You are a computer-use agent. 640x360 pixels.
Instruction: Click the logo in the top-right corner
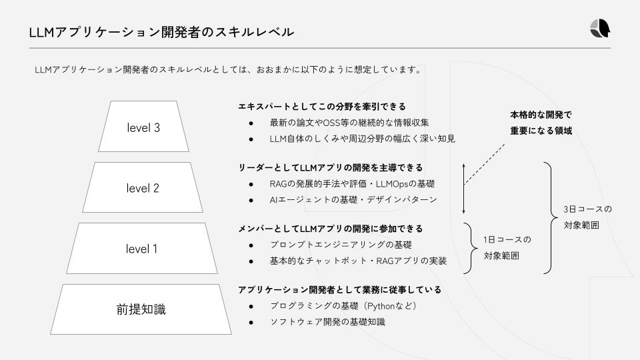[600, 29]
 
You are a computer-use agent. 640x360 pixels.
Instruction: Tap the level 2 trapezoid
[143, 188]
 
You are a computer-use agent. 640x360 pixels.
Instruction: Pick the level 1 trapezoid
[141, 249]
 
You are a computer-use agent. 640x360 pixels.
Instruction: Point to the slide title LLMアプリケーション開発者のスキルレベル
[161, 31]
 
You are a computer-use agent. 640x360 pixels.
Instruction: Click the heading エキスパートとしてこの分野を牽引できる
[322, 107]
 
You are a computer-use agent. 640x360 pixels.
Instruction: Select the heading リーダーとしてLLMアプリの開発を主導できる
[331, 167]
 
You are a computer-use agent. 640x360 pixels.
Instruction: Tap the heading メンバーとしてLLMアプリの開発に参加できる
[331, 229]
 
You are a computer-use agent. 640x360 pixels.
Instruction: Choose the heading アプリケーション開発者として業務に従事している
[339, 290]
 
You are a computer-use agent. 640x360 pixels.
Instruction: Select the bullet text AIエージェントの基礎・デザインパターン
[353, 199]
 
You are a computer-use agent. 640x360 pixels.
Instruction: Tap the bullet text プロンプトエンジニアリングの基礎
[341, 245]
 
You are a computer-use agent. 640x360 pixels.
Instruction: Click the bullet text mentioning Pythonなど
[343, 306]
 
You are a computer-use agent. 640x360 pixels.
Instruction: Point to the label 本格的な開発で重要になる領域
[541, 122]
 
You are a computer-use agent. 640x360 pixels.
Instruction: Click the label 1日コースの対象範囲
[507, 247]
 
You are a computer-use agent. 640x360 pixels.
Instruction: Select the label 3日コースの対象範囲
[587, 217]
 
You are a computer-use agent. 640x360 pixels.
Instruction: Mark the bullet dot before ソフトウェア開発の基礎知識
[251, 323]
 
